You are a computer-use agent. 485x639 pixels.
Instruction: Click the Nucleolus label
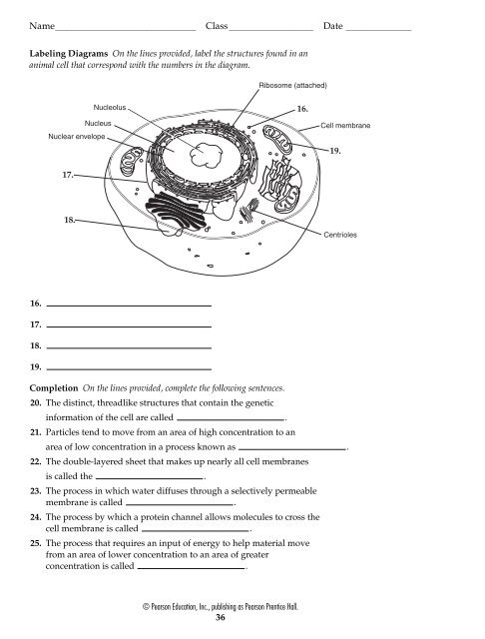pyautogui.click(x=110, y=108)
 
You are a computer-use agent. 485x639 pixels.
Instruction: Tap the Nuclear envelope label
pyautogui.click(x=77, y=137)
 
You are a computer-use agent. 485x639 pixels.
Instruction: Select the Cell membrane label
pyautogui.click(x=345, y=126)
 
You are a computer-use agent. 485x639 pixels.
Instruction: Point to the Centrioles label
pyautogui.click(x=340, y=235)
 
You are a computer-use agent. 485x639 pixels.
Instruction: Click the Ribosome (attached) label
pyautogui.click(x=292, y=85)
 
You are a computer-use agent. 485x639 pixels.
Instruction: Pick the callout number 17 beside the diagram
pyautogui.click(x=68, y=175)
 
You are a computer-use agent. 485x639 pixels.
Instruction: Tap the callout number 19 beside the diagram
pyautogui.click(x=334, y=151)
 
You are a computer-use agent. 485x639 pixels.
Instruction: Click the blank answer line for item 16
pyautogui.click(x=129, y=306)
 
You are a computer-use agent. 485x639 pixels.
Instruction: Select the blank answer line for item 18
pyautogui.click(x=129, y=348)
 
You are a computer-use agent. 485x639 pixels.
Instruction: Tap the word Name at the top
pyautogui.click(x=42, y=26)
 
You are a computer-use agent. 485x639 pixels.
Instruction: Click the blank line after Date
pyautogui.click(x=378, y=30)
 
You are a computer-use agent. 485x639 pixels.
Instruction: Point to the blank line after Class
pyautogui.click(x=271, y=30)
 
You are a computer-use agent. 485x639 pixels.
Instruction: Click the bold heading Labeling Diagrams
pyautogui.click(x=69, y=53)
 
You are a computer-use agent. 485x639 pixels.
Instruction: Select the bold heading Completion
pyautogui.click(x=53, y=388)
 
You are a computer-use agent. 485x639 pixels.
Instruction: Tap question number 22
pyautogui.click(x=36, y=461)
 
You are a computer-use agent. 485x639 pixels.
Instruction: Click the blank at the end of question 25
pyautogui.click(x=192, y=568)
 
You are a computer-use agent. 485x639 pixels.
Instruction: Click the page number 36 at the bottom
pyautogui.click(x=220, y=617)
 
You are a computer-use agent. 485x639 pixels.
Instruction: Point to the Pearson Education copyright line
pyautogui.click(x=221, y=607)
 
